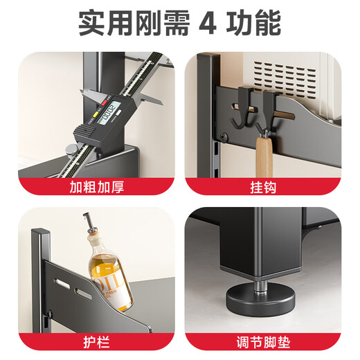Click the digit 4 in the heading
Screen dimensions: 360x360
pos(208,24)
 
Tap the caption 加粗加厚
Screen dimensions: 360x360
pos(92,187)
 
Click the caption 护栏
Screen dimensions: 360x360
pos(92,342)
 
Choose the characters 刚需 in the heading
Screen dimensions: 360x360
pos(161,24)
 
